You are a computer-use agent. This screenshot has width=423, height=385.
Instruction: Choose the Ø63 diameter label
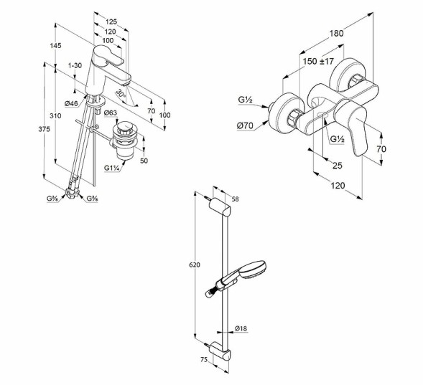click(110, 113)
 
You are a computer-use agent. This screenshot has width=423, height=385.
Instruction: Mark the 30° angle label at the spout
click(121, 93)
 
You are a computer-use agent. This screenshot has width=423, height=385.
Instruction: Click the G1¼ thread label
click(112, 168)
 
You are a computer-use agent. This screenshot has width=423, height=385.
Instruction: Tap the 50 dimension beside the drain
click(144, 161)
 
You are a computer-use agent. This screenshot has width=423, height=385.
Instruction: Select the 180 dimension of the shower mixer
click(338, 32)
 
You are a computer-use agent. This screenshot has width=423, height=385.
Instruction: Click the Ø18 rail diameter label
click(241, 329)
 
